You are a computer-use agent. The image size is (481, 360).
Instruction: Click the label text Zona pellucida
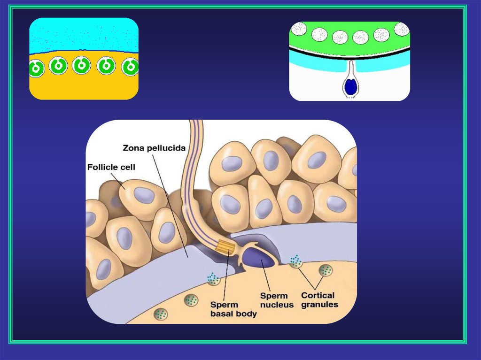point(153,148)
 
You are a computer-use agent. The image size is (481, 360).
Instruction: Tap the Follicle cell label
point(111,167)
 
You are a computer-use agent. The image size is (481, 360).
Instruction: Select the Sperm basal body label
point(233,309)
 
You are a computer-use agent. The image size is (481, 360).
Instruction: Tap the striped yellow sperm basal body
point(224,247)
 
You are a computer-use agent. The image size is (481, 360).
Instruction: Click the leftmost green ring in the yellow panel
point(36,69)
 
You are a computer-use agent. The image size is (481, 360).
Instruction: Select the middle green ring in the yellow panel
point(82,66)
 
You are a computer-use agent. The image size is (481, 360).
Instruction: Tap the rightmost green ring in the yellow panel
point(130,68)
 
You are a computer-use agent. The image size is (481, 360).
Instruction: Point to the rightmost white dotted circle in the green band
point(402,29)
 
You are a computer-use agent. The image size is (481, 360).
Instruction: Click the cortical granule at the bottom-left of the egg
point(161,313)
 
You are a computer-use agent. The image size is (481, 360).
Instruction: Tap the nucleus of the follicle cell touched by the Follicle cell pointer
point(144,195)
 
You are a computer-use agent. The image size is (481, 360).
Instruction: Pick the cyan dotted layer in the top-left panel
point(84,35)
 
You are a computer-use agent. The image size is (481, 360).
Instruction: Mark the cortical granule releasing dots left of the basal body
point(214,280)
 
